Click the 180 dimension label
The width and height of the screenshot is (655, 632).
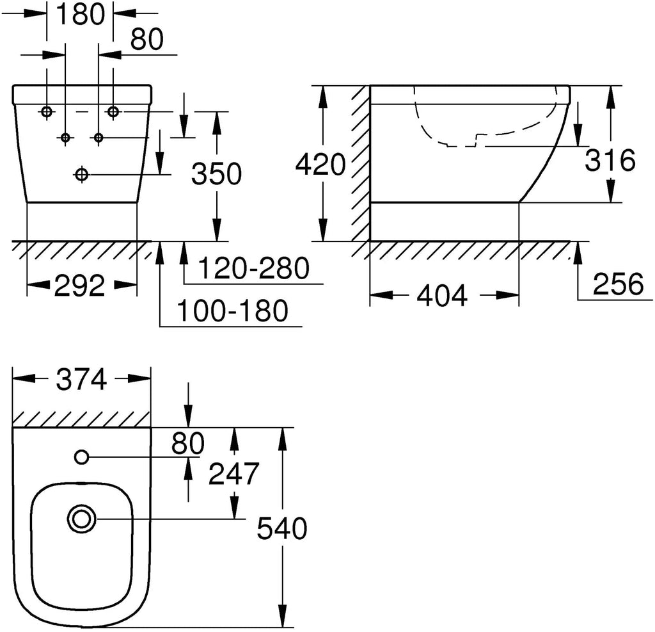click(79, 14)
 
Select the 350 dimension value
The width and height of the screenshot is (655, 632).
click(216, 174)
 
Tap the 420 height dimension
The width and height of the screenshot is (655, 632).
click(320, 164)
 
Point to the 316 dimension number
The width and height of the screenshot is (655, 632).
click(610, 160)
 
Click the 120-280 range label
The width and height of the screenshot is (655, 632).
click(254, 268)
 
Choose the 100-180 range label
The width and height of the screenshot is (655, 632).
click(233, 311)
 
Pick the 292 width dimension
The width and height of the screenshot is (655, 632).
click(79, 286)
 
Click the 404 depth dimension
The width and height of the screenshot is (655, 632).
click(442, 295)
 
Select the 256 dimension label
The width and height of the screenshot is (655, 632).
click(619, 284)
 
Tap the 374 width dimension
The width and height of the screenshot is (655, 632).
click(82, 380)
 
